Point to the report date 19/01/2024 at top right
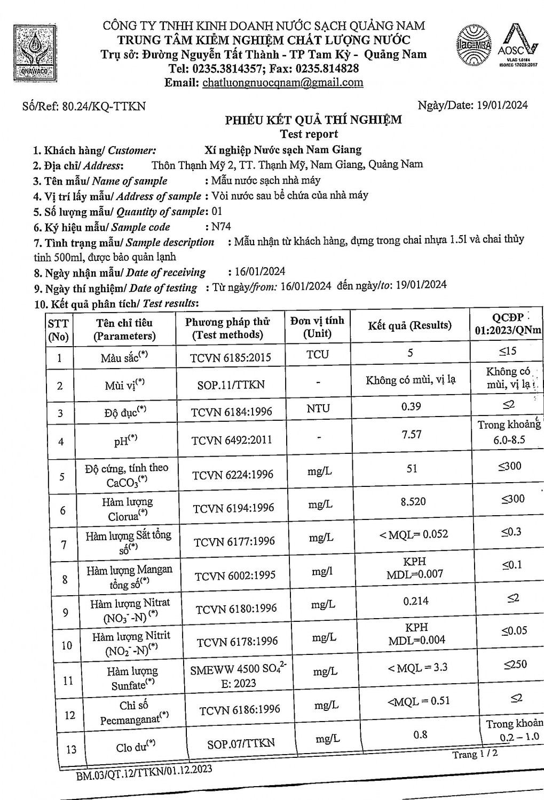click(x=502, y=105)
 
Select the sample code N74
click(x=221, y=226)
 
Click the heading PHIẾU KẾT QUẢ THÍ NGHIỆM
click(x=313, y=120)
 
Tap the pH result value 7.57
click(x=411, y=435)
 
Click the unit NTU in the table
click(x=318, y=409)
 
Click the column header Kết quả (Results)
click(x=409, y=325)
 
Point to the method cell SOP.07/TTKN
click(x=241, y=743)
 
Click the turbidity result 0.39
click(x=411, y=406)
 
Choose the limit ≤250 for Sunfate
click(x=515, y=665)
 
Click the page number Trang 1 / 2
click(x=475, y=754)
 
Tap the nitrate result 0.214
click(x=415, y=601)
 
